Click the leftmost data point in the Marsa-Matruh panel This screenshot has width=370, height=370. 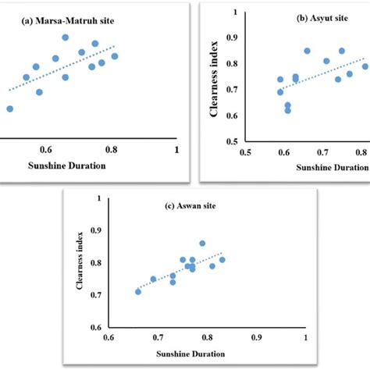click(x=9, y=109)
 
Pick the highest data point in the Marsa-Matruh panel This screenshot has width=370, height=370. click(x=66, y=37)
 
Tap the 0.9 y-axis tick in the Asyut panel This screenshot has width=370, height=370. click(x=232, y=37)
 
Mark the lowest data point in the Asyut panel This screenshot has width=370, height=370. click(x=288, y=110)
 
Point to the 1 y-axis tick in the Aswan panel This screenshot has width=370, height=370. click(x=97, y=198)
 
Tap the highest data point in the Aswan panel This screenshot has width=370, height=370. click(x=202, y=244)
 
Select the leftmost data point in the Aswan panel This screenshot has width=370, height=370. click(x=138, y=291)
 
